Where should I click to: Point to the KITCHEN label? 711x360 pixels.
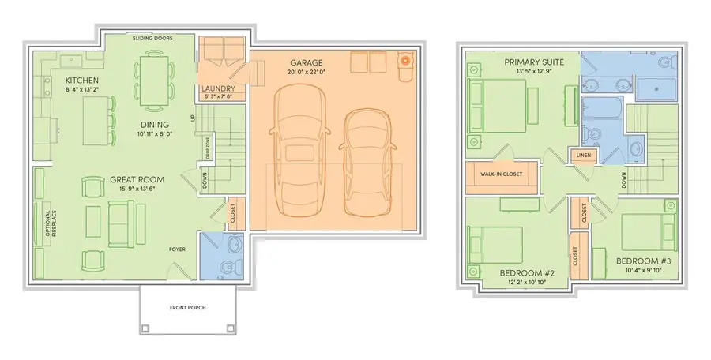(81, 81)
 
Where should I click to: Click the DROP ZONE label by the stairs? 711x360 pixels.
(208, 148)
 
